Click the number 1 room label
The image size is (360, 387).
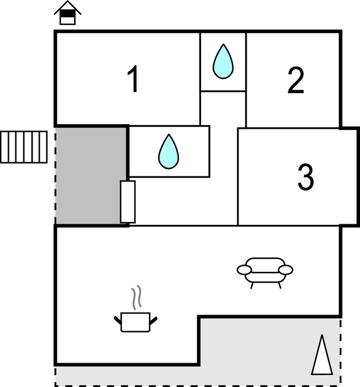(x=133, y=79)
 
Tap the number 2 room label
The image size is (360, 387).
(x=296, y=80)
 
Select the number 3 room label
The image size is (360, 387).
(x=306, y=177)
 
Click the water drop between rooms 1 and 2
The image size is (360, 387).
(x=223, y=61)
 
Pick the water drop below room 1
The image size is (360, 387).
(x=168, y=151)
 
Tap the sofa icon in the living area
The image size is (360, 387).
(x=265, y=272)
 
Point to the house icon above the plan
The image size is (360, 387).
(x=68, y=13)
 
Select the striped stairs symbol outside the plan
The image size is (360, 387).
(x=24, y=147)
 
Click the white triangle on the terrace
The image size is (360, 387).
(x=322, y=355)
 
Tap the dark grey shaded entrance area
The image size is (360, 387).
(x=91, y=176)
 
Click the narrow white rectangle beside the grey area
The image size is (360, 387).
(x=128, y=202)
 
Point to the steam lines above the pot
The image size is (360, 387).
(x=136, y=297)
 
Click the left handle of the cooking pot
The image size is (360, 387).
(x=117, y=320)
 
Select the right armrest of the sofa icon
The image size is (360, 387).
(x=286, y=269)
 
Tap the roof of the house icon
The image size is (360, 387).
(x=68, y=7)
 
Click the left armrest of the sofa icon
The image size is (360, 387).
(x=244, y=269)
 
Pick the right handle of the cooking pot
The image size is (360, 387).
(x=154, y=321)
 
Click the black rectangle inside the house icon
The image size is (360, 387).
(x=68, y=14)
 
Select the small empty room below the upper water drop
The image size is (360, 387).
(x=223, y=109)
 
